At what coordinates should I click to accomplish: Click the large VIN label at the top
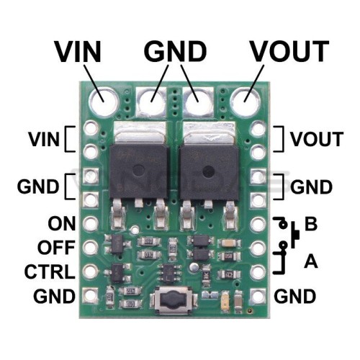coord(78,51)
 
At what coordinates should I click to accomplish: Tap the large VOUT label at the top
coord(289,51)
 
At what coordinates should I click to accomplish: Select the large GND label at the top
coord(175,51)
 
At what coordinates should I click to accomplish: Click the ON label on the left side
coord(62,223)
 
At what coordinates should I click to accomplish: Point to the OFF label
coord(56,248)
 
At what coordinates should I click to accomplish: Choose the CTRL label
coord(50,271)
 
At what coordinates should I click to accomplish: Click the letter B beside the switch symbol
coord(311,224)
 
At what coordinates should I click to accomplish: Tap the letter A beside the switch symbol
coord(311,261)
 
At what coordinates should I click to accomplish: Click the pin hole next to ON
coord(91,223)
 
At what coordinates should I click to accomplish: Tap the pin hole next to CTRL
coord(91,271)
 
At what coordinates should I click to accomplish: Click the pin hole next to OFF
coord(91,247)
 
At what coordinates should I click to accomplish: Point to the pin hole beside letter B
coord(258,224)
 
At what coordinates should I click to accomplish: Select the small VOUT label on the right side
coord(317,139)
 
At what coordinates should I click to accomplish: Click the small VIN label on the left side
coord(44,139)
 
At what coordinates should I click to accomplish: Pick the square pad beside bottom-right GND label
coord(258,296)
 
